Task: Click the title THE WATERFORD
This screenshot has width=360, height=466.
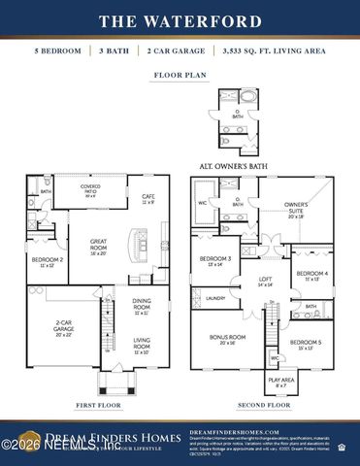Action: [180, 20]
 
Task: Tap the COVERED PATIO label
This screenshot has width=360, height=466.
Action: [91, 191]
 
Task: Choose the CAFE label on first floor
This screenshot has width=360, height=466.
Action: [148, 198]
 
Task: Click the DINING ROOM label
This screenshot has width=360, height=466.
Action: [142, 305]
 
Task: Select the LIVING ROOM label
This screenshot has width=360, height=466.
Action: [142, 343]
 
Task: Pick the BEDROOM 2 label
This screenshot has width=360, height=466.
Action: [47, 262]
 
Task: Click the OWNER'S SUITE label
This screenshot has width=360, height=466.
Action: [296, 208]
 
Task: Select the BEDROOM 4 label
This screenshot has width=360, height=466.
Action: [311, 275]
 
